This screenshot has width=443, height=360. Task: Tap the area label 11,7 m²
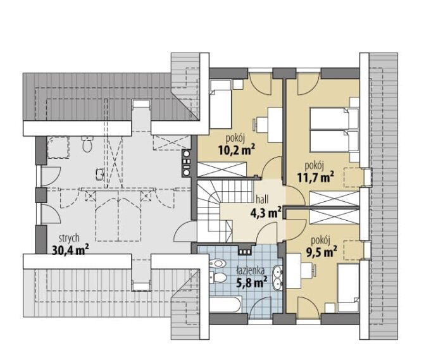[316, 177]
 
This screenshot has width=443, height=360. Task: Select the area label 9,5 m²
[321, 252]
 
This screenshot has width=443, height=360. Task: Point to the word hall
[262, 199]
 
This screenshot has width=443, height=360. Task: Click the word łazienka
[251, 271]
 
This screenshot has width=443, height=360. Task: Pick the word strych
[69, 239]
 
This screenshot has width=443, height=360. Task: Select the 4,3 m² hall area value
[266, 213]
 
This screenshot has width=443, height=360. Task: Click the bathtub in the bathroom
[225, 304]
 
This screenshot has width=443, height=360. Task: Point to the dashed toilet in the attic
[87, 144]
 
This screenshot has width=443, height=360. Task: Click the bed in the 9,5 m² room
[348, 288]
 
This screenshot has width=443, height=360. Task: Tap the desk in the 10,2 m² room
[275, 125]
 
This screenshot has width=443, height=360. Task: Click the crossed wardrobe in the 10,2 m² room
[222, 170]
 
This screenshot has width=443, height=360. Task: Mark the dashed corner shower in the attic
[58, 147]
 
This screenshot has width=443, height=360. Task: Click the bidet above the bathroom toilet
[218, 264]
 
